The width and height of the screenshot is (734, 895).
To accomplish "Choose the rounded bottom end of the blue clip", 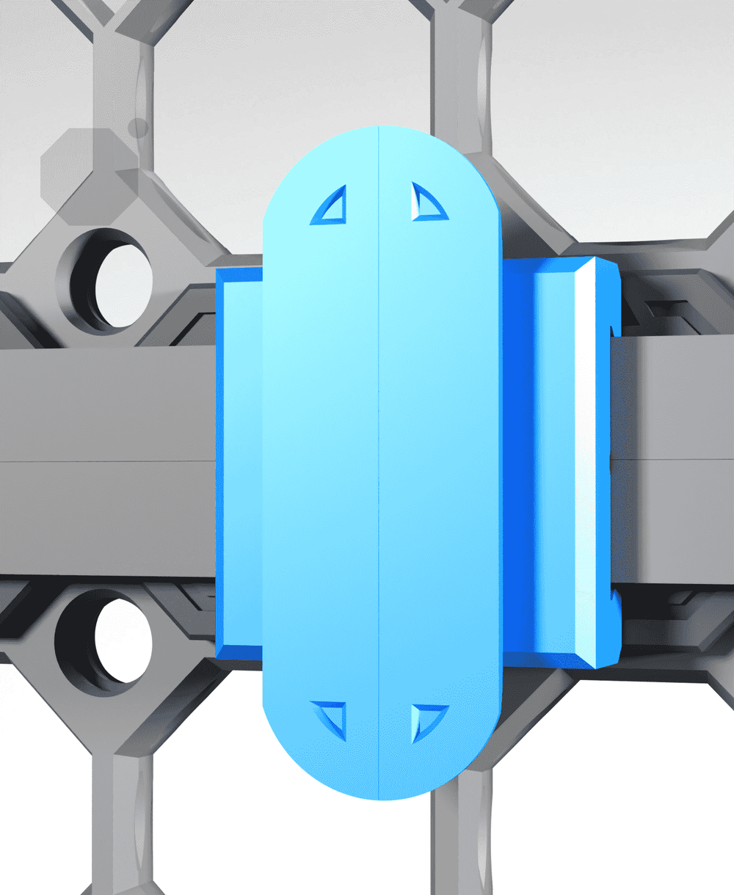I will tap(378, 778).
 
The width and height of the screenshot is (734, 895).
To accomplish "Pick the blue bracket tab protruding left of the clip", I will tap(239, 462).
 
